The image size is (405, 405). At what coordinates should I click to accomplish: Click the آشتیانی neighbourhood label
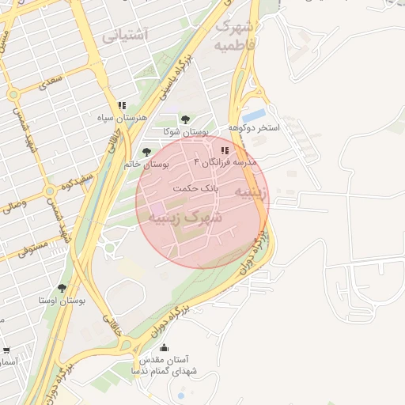(125, 35)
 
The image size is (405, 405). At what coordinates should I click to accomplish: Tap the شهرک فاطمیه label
(235, 36)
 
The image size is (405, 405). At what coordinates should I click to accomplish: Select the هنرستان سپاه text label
(119, 118)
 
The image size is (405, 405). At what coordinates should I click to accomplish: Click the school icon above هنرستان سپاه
(122, 104)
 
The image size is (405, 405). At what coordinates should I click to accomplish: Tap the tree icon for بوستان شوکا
(185, 119)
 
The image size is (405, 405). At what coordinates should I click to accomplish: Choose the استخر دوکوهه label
(255, 127)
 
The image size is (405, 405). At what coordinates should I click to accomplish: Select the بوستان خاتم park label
(147, 165)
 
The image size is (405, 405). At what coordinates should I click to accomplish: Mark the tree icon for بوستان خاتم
(145, 151)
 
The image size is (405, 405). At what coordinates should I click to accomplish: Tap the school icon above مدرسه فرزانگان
(225, 150)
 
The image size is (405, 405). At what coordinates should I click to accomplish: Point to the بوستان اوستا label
(61, 301)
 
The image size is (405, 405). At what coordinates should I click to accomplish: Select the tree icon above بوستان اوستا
(62, 288)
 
